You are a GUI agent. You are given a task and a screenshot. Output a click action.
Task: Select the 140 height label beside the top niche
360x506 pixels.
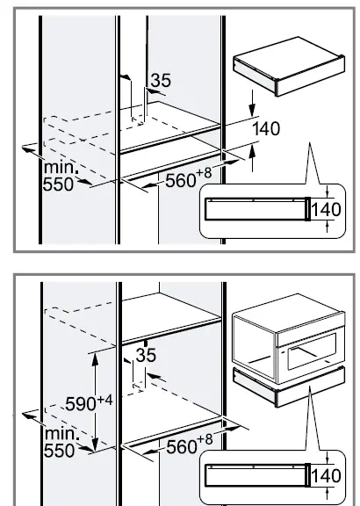tap(266, 129)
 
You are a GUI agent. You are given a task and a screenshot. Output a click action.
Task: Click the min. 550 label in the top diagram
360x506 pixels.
tap(60, 176)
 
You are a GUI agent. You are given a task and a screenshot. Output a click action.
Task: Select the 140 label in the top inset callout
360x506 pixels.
tap(326, 211)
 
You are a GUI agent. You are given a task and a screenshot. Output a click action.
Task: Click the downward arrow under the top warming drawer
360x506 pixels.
tap(252, 110)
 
